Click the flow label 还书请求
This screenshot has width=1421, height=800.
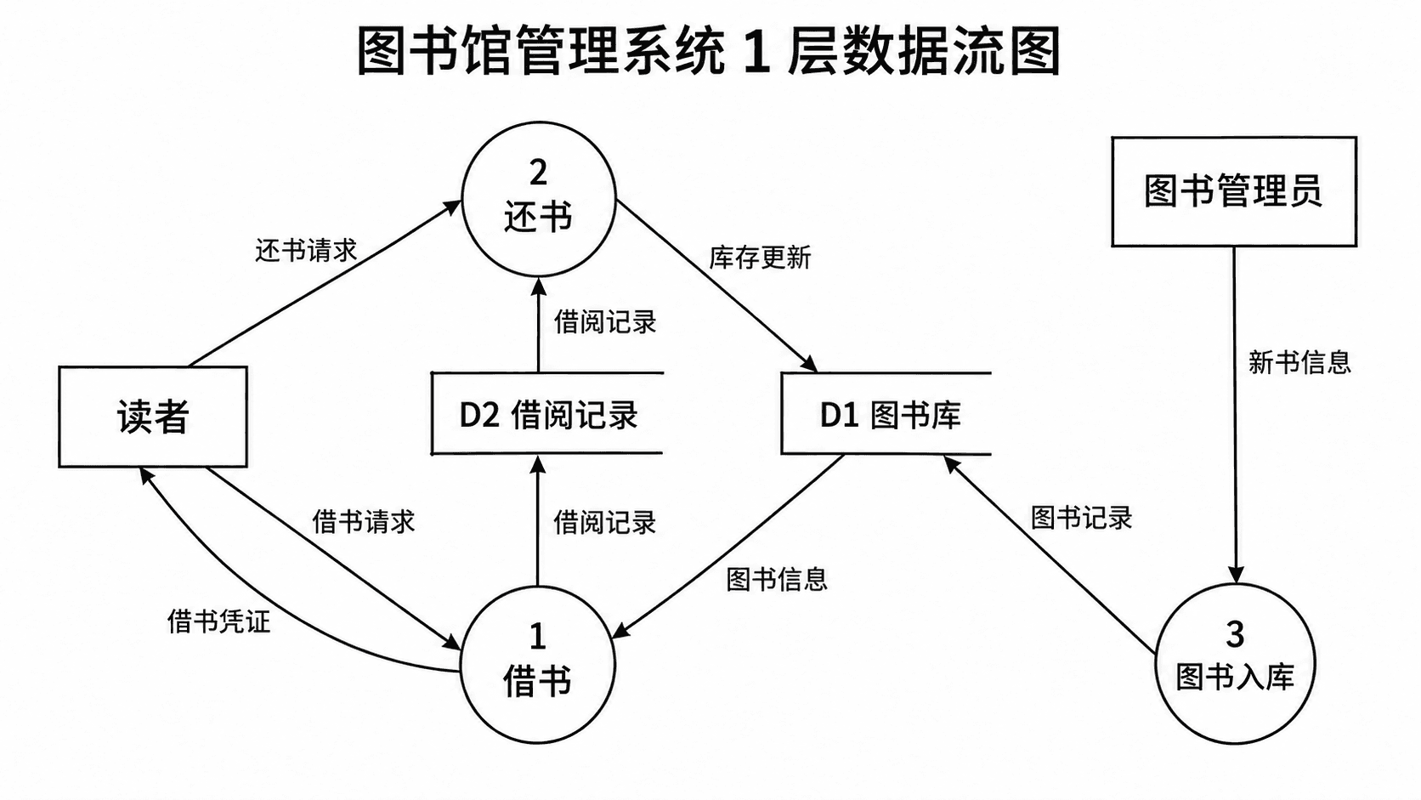point(306,251)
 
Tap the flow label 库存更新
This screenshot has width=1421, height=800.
point(760,258)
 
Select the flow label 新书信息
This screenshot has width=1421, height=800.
point(1299,363)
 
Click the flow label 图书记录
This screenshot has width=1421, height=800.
point(1082,518)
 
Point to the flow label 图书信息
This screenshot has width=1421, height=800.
point(777,579)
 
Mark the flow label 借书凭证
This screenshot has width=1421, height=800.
point(219,621)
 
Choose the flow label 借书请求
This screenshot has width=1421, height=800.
point(364,521)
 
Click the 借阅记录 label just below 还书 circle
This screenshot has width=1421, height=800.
point(605,321)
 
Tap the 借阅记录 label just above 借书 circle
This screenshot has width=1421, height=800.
point(605,523)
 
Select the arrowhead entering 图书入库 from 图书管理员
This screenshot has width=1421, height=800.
point(1235,575)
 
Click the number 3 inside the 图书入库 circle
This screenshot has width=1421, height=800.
point(1235,634)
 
